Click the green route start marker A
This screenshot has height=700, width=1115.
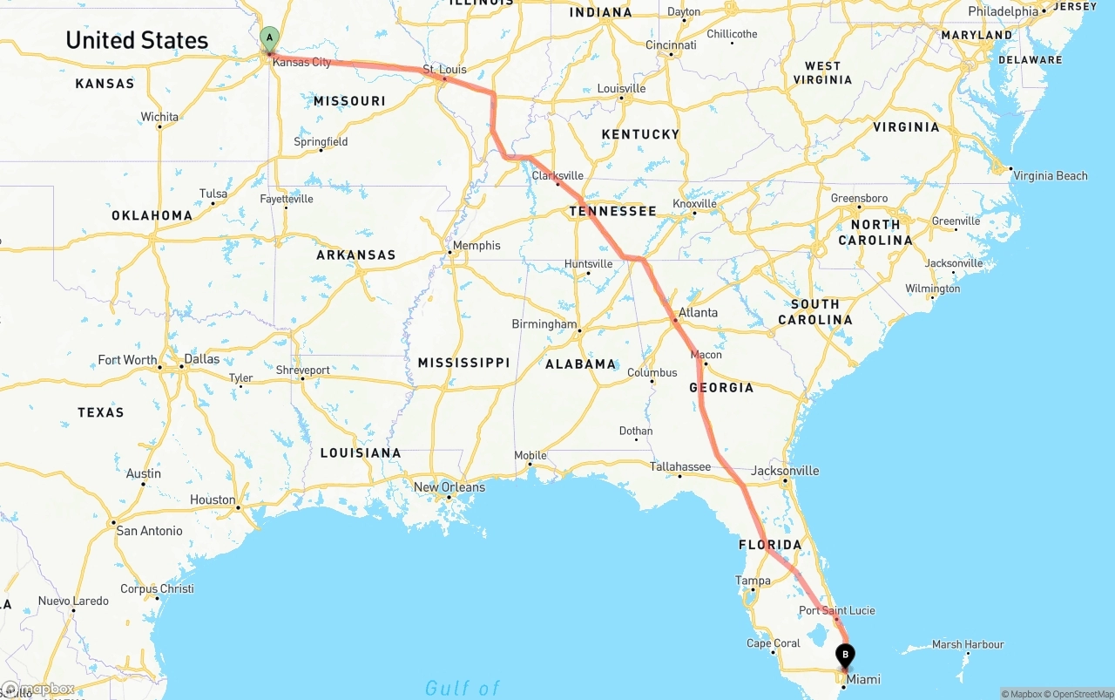(270, 38)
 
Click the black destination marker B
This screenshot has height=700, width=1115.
(845, 655)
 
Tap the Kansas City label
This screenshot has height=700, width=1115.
(301, 63)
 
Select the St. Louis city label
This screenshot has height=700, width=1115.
(444, 70)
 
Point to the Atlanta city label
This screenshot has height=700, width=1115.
(699, 313)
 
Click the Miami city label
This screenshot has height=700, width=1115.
(863, 680)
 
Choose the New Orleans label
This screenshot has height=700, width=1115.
(449, 487)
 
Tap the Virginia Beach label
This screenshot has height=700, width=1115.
(1051, 176)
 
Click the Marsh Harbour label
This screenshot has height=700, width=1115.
(968, 645)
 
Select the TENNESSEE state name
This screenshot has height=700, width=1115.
(612, 211)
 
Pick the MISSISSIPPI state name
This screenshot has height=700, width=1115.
(463, 363)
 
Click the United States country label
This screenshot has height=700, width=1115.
(137, 40)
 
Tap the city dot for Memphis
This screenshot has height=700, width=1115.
(449, 253)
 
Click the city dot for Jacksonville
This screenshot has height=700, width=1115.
(785, 480)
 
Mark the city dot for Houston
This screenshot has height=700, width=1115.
(238, 506)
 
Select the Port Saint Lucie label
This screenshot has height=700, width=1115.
(837, 611)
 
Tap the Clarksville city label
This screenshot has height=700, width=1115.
(557, 176)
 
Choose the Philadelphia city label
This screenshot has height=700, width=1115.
(1003, 12)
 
